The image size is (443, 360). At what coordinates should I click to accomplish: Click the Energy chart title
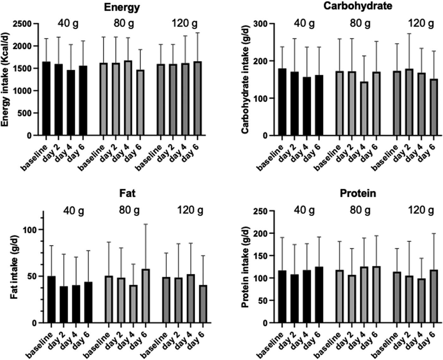[122, 8]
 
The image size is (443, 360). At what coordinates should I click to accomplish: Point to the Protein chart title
[358, 193]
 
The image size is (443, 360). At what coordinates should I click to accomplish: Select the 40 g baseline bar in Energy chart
[47, 98]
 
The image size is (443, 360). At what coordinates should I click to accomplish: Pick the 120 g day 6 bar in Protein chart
[433, 296]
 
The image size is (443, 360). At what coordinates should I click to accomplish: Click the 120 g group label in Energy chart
[184, 24]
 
